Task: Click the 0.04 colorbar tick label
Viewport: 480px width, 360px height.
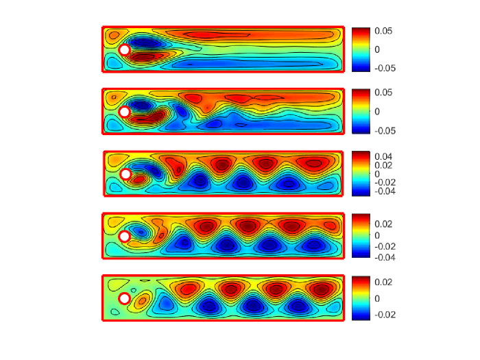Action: click(383, 157)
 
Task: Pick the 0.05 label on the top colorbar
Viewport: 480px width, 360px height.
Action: click(383, 31)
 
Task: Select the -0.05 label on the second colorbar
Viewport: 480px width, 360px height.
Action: click(385, 131)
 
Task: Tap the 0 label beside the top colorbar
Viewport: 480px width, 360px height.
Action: click(377, 49)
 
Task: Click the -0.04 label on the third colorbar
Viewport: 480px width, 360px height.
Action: click(385, 191)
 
